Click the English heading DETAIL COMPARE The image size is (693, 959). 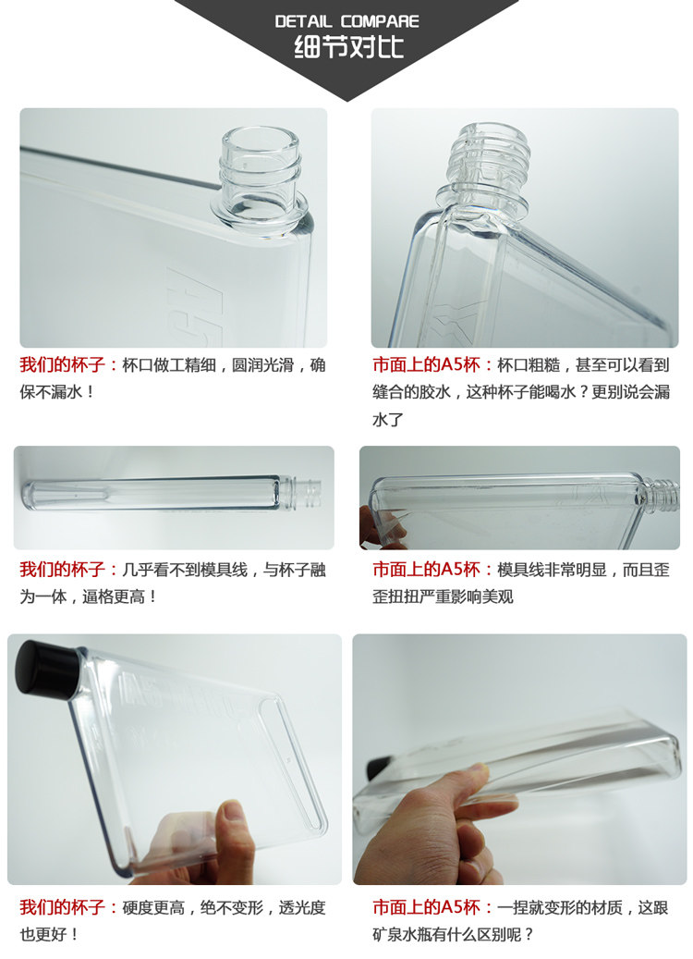point(346,21)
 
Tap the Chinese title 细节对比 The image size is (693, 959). point(348,48)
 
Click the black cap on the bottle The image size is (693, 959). point(46,670)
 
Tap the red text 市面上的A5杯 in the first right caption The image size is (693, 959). point(427,365)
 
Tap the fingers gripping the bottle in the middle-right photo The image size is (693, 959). point(380,527)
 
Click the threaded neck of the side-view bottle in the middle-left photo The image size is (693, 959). point(306,494)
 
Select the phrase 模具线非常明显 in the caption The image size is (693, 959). point(552,570)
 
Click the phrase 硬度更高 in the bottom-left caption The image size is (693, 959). point(153,907)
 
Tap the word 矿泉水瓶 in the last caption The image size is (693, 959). point(404,935)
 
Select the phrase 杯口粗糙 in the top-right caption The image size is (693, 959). point(529,365)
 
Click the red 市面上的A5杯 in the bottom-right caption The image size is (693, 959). point(427,907)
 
